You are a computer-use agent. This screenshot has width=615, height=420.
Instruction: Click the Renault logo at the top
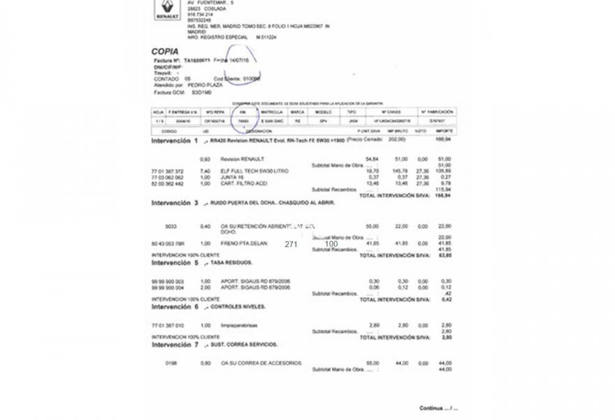(167, 10)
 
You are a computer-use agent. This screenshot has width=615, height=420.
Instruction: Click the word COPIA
(165, 51)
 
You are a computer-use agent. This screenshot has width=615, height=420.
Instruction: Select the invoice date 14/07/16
(243, 61)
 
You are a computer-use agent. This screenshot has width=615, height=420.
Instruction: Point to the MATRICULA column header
(271, 111)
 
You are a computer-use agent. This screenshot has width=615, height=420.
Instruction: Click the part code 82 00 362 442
(167, 183)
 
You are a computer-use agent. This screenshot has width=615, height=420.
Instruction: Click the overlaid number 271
(291, 244)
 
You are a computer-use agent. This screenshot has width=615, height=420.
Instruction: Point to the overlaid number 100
(331, 244)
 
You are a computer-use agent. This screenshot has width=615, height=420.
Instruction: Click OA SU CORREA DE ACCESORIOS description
(261, 363)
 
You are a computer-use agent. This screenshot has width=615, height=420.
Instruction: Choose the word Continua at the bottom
(431, 408)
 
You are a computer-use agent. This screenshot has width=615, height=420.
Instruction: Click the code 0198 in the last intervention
(171, 363)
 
